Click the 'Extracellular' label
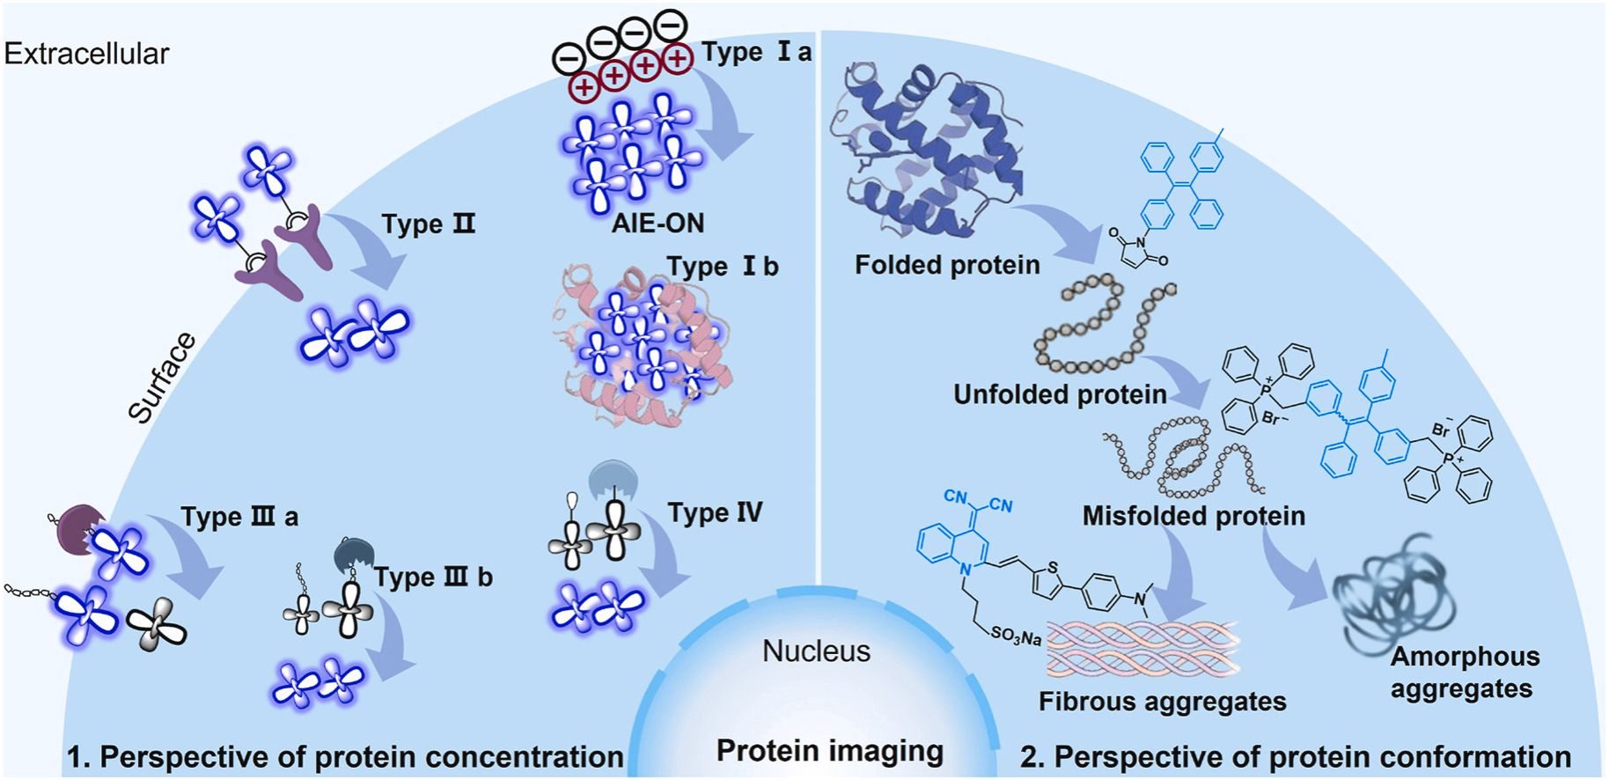coord(86,54)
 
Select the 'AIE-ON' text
coord(658,223)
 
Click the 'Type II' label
coord(428,224)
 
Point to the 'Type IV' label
coord(715,512)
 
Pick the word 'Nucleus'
coord(816,651)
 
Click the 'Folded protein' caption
coord(947,265)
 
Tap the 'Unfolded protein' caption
coord(1060,394)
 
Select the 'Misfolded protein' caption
coord(1193,516)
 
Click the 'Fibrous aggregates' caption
coord(1162,702)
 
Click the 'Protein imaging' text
coord(829,751)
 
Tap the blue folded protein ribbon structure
coord(924,150)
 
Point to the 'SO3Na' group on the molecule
coord(1016,636)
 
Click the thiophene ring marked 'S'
coord(1047,577)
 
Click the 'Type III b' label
coord(432,578)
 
